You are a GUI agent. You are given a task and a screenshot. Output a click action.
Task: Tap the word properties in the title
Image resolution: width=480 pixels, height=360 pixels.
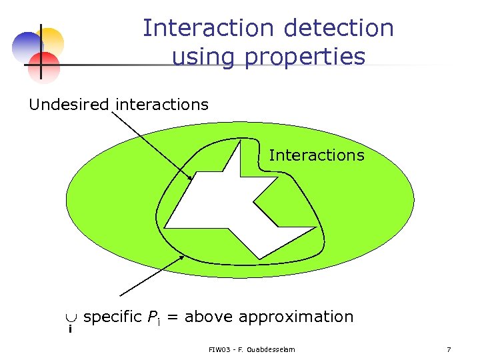click(x=303, y=57)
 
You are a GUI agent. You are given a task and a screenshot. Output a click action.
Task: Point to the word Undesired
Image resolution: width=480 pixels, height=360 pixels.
click(x=69, y=105)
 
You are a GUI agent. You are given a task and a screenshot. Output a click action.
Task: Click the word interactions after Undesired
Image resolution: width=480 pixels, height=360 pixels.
click(x=162, y=105)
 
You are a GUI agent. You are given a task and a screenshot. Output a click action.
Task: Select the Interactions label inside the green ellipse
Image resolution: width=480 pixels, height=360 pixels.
click(x=317, y=155)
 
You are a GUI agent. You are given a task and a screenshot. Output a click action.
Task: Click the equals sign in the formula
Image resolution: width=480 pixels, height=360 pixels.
click(x=172, y=317)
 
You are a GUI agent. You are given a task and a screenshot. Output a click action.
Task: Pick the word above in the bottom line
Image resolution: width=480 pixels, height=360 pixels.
click(x=209, y=317)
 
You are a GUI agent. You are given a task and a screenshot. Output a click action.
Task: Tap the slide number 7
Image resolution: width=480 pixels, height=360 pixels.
click(x=449, y=350)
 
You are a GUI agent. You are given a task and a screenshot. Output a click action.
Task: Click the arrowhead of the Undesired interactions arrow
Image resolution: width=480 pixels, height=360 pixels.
click(x=191, y=177)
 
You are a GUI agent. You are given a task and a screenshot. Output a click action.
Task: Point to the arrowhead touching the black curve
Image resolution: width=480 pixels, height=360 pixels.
click(x=181, y=257)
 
